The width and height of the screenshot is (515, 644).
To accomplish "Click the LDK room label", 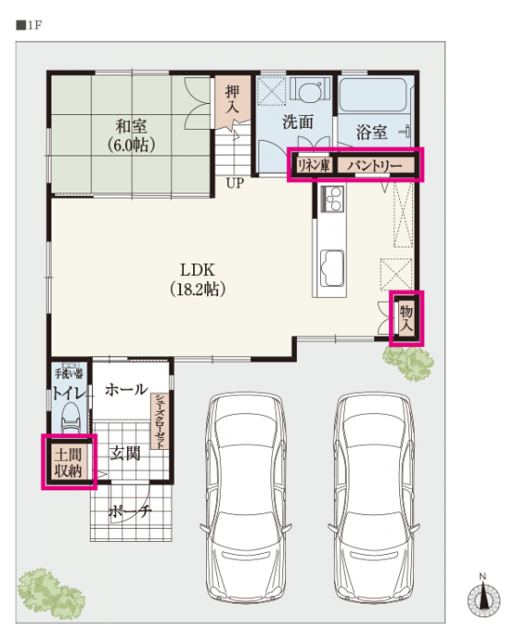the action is pos(198,270).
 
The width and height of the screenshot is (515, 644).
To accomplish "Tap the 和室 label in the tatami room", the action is pos(131,126).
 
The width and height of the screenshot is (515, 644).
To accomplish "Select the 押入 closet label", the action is pos(232,99).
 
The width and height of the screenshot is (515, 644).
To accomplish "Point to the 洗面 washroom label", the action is pos(298,122).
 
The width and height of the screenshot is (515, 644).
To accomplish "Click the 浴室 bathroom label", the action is pos(372,132).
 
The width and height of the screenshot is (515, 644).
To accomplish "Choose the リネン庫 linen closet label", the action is pos(314,165).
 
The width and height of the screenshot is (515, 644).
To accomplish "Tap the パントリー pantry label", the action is pos(374,166).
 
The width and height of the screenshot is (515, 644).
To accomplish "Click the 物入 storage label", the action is pos(406,318).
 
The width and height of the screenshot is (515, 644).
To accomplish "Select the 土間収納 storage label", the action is pos(68,463).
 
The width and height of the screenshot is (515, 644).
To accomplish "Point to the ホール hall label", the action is pos(127,389).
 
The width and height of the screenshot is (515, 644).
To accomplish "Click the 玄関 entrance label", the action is pos(125,454).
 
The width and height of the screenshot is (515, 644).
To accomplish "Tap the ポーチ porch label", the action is pos(131,512).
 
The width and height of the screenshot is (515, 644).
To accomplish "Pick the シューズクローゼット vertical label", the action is pos(160,421).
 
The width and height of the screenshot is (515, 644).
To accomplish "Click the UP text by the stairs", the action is pos(235,183).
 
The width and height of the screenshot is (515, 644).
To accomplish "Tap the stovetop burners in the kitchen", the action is pos(332,199).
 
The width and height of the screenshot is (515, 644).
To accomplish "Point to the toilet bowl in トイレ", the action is pos(71,417).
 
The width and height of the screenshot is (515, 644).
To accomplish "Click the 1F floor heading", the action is pos(29,26).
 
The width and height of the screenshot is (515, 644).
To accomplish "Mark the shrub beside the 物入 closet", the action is pos(408,362).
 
